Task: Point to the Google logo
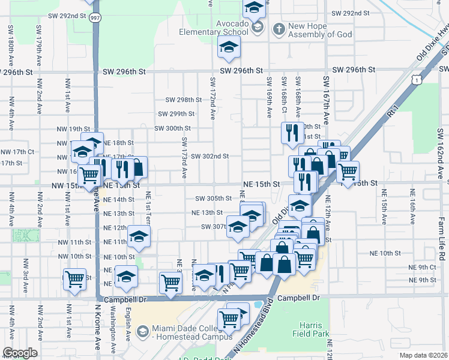tap(20, 353)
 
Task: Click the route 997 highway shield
tap(95, 19)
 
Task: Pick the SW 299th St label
tap(176, 113)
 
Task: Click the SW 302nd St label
tap(210, 156)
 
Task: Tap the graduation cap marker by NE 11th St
tap(139, 237)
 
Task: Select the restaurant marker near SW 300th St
tap(292, 133)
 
